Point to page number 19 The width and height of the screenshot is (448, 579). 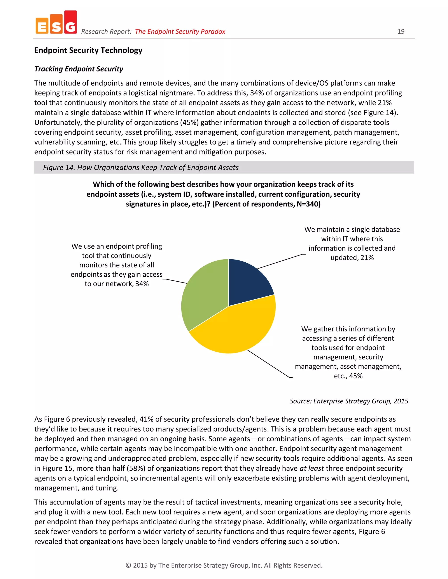coord(401,31)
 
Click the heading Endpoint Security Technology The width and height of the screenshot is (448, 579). coord(88,50)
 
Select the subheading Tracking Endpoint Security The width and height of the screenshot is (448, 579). coord(79,69)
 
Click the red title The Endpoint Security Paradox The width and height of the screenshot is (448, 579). coord(180,31)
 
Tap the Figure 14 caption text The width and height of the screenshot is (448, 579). coord(141,168)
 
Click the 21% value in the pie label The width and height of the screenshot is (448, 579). coord(367,258)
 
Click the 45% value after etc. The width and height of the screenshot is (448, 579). coord(356,376)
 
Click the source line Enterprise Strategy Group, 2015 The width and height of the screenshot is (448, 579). coord(350,401)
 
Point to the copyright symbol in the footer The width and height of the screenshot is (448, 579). coord(128,565)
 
